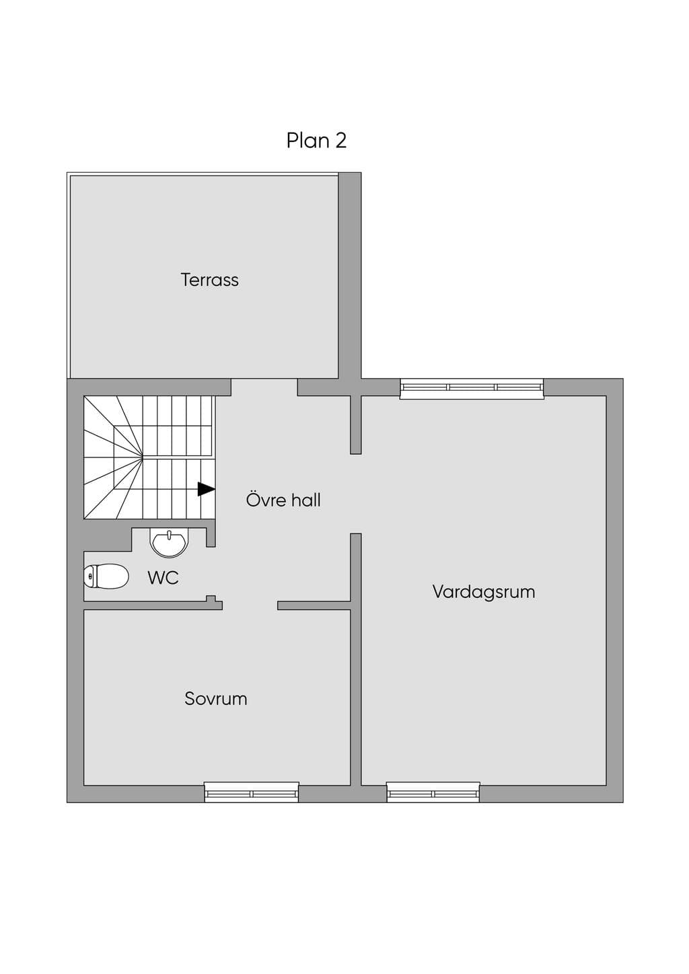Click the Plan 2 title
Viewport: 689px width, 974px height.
click(316, 141)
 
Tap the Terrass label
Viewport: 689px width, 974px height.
click(210, 280)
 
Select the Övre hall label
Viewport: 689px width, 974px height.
click(283, 500)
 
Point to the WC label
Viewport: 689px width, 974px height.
click(163, 578)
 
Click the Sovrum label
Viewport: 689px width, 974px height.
click(216, 699)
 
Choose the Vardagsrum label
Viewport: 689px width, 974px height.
click(484, 592)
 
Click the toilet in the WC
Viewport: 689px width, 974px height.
click(106, 576)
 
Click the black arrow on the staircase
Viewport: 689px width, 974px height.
click(206, 489)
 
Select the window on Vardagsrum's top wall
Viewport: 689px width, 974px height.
click(472, 389)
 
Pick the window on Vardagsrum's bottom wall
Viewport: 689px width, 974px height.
click(433, 792)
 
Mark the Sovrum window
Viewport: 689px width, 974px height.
click(252, 792)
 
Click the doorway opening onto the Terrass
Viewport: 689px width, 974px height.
click(264, 387)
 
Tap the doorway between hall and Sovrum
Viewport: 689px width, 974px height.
click(250, 605)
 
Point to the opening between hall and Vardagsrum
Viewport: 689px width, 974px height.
click(356, 494)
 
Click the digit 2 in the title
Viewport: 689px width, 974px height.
click(340, 141)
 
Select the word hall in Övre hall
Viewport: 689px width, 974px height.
click(306, 500)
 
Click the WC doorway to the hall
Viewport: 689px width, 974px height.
click(211, 571)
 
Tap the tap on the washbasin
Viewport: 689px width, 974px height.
click(169, 534)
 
